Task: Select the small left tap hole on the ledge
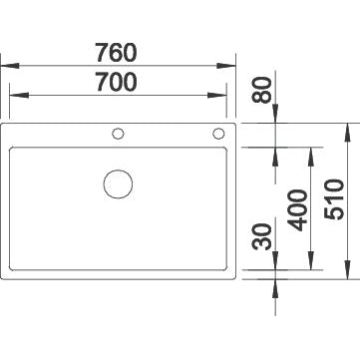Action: tap(120, 134)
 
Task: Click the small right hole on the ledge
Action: tap(217, 134)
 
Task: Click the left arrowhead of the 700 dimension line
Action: tap(13, 97)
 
